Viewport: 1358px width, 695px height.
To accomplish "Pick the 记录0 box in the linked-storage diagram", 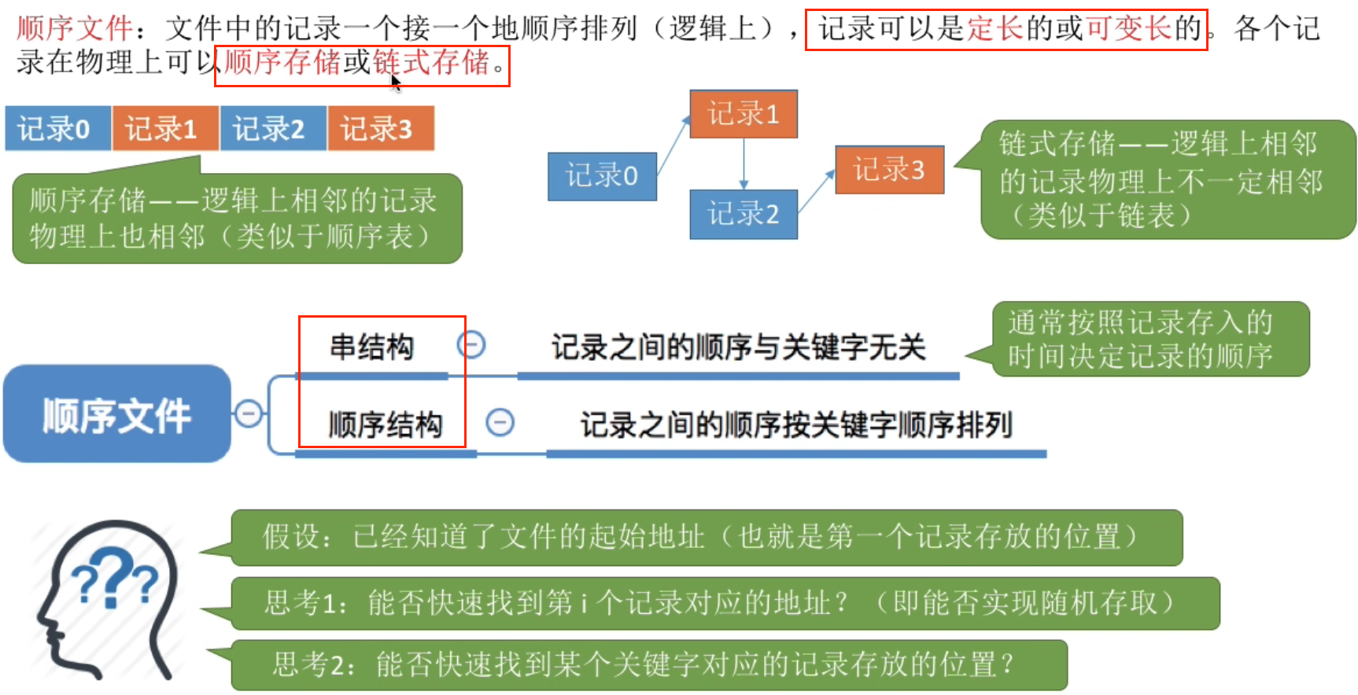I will coord(602,176).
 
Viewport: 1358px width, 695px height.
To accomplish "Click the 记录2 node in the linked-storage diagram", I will coord(743,214).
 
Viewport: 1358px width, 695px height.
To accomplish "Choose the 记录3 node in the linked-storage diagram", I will coord(889,169).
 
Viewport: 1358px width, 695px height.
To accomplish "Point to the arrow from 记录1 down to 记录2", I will coord(744,164).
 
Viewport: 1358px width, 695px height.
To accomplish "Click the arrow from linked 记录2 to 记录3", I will coord(817,192).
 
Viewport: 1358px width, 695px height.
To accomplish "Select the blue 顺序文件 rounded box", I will coord(117,414).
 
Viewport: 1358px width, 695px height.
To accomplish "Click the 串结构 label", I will coord(371,347).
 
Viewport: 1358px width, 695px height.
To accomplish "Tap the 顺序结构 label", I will coord(385,425).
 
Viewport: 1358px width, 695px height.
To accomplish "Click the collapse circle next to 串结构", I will coord(471,344).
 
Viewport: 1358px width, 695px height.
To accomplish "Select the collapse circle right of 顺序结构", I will coord(500,422).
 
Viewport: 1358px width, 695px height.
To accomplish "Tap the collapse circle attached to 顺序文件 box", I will coord(249,414).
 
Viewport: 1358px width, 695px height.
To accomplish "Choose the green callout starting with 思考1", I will coord(724,603).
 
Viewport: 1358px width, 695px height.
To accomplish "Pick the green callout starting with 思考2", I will coord(648,664).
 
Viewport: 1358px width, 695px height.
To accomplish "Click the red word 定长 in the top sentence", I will coord(996,29).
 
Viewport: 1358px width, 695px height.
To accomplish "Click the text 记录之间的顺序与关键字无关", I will coord(738,347).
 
